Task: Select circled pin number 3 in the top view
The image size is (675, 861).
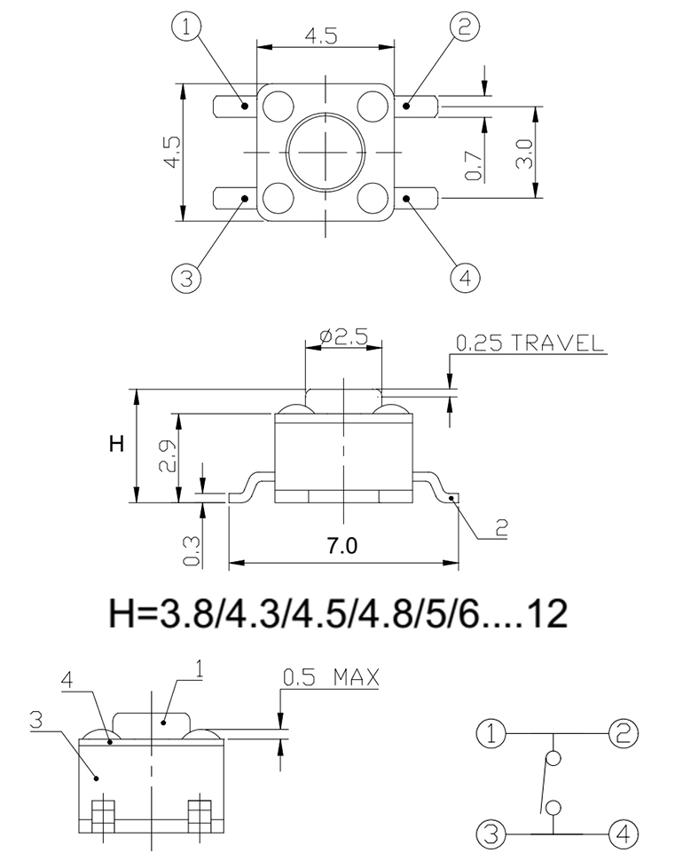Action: (x=186, y=278)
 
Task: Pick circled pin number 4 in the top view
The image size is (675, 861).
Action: (x=465, y=278)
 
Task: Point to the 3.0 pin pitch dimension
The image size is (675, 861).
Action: (x=524, y=154)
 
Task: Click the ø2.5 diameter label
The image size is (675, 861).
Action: (x=343, y=336)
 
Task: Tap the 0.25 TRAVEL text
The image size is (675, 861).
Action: (x=530, y=344)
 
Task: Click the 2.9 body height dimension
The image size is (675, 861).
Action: (x=168, y=455)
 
